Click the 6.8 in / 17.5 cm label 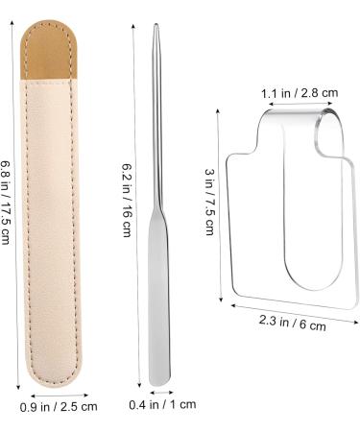pyautogui.click(x=6, y=203)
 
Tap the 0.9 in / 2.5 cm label pyautogui.click(x=59, y=407)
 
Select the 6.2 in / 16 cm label pyautogui.click(x=127, y=200)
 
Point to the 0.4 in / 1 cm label pyautogui.click(x=162, y=404)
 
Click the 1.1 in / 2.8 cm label pyautogui.click(x=300, y=93)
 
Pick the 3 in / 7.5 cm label pyautogui.click(x=209, y=202)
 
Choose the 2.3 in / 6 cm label pyautogui.click(x=293, y=323)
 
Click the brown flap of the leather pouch pyautogui.click(x=49, y=50)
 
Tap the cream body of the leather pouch pyautogui.click(x=50, y=230)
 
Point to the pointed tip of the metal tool pyautogui.click(x=156, y=24)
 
